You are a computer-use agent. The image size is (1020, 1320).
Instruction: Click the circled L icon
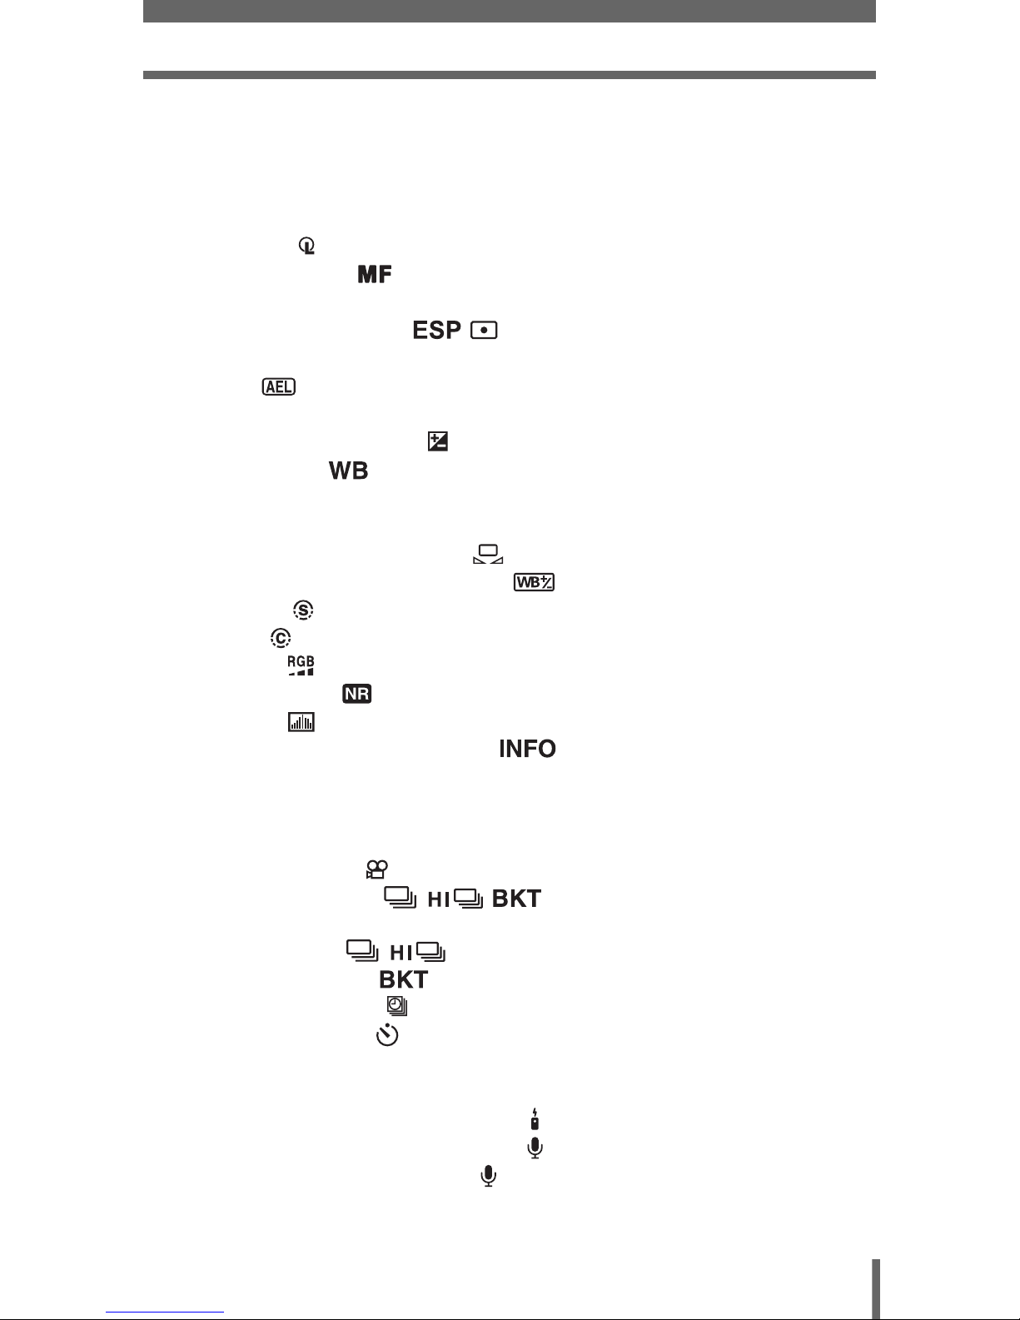tap(308, 247)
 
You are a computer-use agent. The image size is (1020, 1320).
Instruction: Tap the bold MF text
tap(375, 274)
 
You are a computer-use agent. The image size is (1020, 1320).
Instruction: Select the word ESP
tap(437, 331)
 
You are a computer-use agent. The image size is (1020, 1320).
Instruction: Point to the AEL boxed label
tap(278, 387)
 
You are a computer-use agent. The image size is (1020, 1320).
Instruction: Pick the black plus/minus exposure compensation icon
tap(437, 442)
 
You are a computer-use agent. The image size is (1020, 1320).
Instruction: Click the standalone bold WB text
tap(349, 471)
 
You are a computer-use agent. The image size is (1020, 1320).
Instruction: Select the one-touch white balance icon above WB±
tap(488, 554)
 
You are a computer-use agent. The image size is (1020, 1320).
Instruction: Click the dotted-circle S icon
tap(304, 610)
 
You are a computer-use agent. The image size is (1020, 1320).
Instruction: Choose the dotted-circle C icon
tap(281, 638)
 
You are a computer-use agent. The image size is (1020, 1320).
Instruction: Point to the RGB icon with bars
tap(301, 665)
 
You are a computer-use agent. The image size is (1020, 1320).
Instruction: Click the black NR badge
tap(356, 694)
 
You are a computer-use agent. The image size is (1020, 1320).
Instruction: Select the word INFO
tap(527, 750)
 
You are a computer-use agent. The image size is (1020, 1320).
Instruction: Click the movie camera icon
tap(376, 871)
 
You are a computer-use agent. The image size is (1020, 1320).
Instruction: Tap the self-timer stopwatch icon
tap(388, 1035)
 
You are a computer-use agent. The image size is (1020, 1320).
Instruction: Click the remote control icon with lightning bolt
tap(535, 1118)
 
